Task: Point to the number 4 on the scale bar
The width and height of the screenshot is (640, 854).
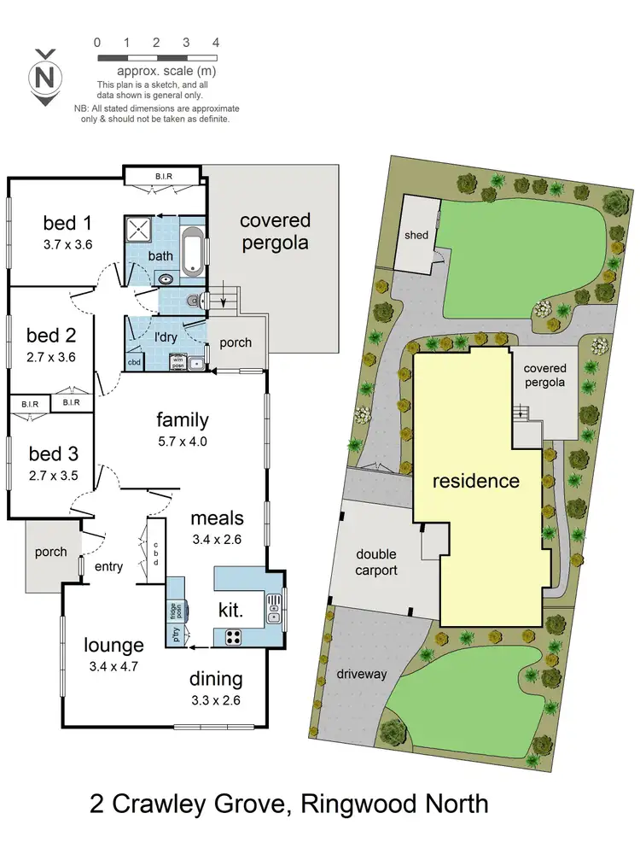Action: click(216, 42)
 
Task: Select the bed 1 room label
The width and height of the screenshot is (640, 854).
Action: click(67, 224)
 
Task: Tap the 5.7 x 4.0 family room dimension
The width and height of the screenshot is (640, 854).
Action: click(183, 442)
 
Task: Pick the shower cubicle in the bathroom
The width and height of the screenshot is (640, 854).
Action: click(137, 229)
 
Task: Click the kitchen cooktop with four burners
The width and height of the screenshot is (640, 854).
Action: click(233, 636)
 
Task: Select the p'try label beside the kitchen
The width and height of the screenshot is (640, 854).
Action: click(175, 636)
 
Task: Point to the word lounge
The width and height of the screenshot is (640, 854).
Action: click(113, 645)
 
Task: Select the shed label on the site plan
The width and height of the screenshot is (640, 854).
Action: click(416, 235)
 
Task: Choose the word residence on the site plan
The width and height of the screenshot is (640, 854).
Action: click(475, 481)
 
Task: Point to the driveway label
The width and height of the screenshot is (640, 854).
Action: click(363, 674)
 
